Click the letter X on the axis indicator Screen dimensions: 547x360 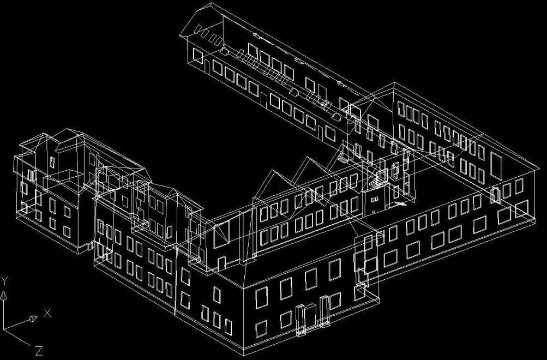click(47, 313)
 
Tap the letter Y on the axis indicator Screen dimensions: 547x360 click(4, 280)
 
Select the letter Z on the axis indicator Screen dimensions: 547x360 click(39, 351)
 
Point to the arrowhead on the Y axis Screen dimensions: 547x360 click(3, 296)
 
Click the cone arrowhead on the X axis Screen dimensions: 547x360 click(33, 319)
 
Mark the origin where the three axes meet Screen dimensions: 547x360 click(3, 328)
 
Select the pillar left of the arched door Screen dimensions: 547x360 click(300, 320)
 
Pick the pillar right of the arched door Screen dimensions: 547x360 click(324, 311)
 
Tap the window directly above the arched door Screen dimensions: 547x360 click(310, 279)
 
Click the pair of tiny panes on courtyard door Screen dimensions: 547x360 click(374, 200)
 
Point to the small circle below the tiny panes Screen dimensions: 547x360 click(374, 212)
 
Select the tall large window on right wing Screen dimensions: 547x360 click(496, 166)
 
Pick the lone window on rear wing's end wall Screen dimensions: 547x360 click(198, 56)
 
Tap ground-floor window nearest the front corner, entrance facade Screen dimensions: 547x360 click(261, 329)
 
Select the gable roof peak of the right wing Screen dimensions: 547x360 click(394, 83)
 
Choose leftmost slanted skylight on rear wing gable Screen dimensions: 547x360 click(198, 28)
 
